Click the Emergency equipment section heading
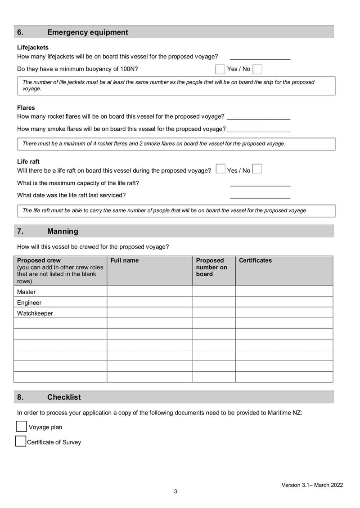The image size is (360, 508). (87, 32)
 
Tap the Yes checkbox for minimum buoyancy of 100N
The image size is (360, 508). (220, 69)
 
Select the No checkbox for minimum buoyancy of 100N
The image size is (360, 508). (257, 69)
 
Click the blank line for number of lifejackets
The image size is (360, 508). (260, 57)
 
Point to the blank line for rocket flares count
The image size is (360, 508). (258, 116)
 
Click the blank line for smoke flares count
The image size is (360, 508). (258, 129)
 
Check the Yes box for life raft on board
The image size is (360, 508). (220, 169)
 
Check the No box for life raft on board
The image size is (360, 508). (257, 169)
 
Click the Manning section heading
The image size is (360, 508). (63, 231)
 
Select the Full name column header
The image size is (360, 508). (125, 260)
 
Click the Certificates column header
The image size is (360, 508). (255, 260)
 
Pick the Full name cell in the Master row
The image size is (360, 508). (149, 291)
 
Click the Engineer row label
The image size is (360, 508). (29, 303)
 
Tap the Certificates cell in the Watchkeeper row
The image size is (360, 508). (284, 313)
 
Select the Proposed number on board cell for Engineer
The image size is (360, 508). (214, 302)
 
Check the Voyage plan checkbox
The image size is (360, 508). (21, 426)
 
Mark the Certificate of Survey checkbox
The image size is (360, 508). (21, 441)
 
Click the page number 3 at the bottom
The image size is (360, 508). (175, 491)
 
